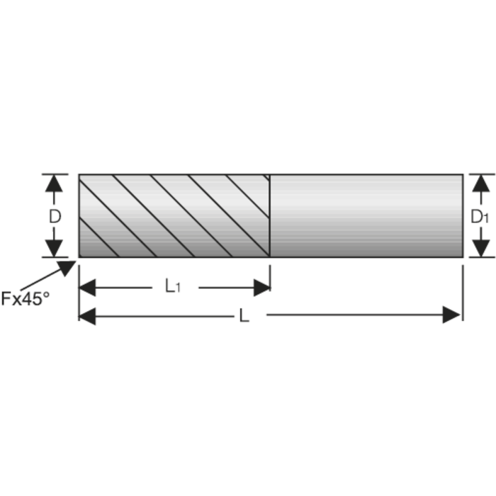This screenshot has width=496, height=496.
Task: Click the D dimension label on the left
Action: click(55, 217)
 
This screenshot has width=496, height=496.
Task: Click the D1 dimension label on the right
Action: click(480, 217)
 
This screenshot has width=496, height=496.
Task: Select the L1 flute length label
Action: click(173, 286)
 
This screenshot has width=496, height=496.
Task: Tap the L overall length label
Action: click(244, 315)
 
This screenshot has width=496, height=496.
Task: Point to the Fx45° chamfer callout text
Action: click(26, 298)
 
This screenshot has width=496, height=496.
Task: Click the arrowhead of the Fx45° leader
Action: click(67, 268)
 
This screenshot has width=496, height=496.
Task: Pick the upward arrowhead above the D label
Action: click(54, 183)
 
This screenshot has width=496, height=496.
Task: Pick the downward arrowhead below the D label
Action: click(54, 248)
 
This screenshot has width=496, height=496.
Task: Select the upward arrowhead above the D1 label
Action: click(481, 183)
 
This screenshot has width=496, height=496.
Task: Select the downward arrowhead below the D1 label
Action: click(481, 248)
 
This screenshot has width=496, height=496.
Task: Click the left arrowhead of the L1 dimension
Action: click(87, 288)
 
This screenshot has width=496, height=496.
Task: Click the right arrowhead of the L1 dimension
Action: click(262, 288)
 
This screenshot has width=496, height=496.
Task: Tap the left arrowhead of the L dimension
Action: click(87, 316)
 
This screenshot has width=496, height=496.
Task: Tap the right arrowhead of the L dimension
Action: click(451, 315)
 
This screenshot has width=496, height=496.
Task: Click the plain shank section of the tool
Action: click(366, 215)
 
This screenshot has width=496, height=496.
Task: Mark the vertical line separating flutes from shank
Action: click(269, 215)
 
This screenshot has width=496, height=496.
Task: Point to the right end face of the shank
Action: click(463, 215)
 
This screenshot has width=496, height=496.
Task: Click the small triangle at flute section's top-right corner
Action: click(267, 176)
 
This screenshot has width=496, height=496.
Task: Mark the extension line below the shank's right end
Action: click(463, 293)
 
